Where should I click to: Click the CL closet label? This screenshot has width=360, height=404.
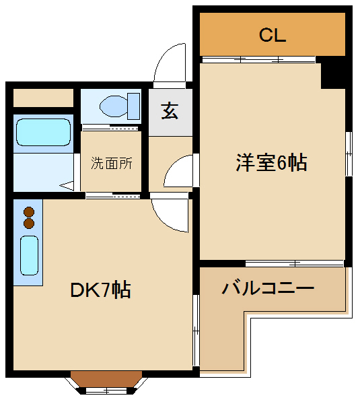point(273,35)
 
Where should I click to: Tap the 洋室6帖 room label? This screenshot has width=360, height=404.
point(271,162)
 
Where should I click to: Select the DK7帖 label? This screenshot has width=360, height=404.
point(100,290)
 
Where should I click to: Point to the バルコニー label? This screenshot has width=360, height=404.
point(268,288)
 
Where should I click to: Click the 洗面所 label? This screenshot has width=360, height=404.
point(112,163)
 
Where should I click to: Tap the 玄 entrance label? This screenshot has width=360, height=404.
point(170,111)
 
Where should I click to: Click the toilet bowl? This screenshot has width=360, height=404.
point(114,106)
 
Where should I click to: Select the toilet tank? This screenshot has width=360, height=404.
point(134,106)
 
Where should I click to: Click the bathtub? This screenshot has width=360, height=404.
point(43,132)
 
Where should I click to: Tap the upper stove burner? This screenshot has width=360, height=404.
point(29,212)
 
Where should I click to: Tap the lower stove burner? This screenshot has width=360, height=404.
point(29,224)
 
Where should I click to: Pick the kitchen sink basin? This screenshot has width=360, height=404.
point(30,255)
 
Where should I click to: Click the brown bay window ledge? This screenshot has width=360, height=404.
point(106,378)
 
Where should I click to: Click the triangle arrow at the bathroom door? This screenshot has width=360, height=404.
point(67,186)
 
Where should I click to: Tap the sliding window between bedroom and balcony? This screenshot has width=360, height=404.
point(294,263)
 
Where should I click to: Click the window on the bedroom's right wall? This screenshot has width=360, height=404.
point(349,154)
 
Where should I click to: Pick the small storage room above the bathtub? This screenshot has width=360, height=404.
point(43,98)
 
